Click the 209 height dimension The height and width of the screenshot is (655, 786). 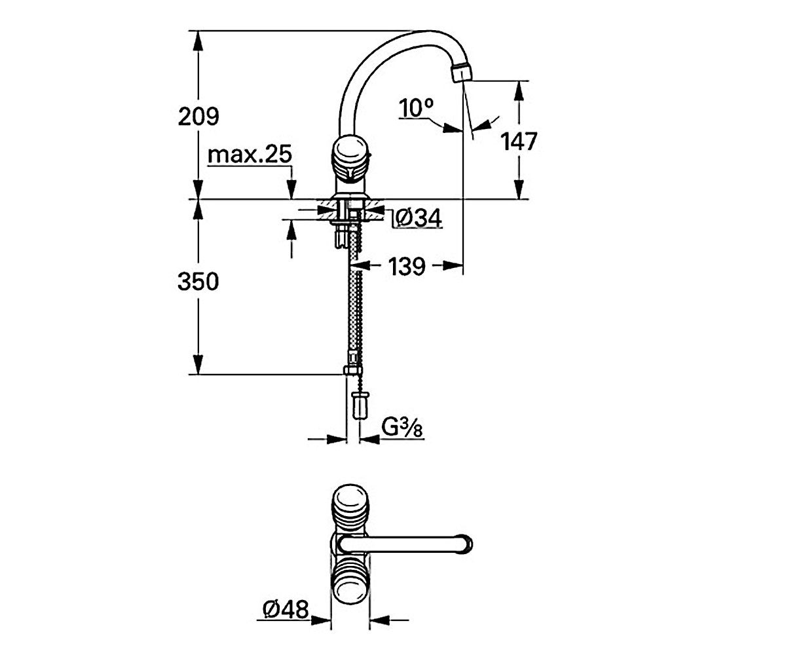pyautogui.click(x=198, y=117)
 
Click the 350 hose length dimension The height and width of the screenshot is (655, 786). pyautogui.click(x=198, y=281)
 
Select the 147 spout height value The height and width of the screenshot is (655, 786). pyautogui.click(x=519, y=141)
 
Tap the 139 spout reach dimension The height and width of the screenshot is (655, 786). pyautogui.click(x=407, y=266)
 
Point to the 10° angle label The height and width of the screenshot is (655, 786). pyautogui.click(x=416, y=108)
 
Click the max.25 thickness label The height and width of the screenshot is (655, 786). pyautogui.click(x=250, y=154)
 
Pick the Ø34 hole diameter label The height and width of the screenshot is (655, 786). pyautogui.click(x=419, y=218)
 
